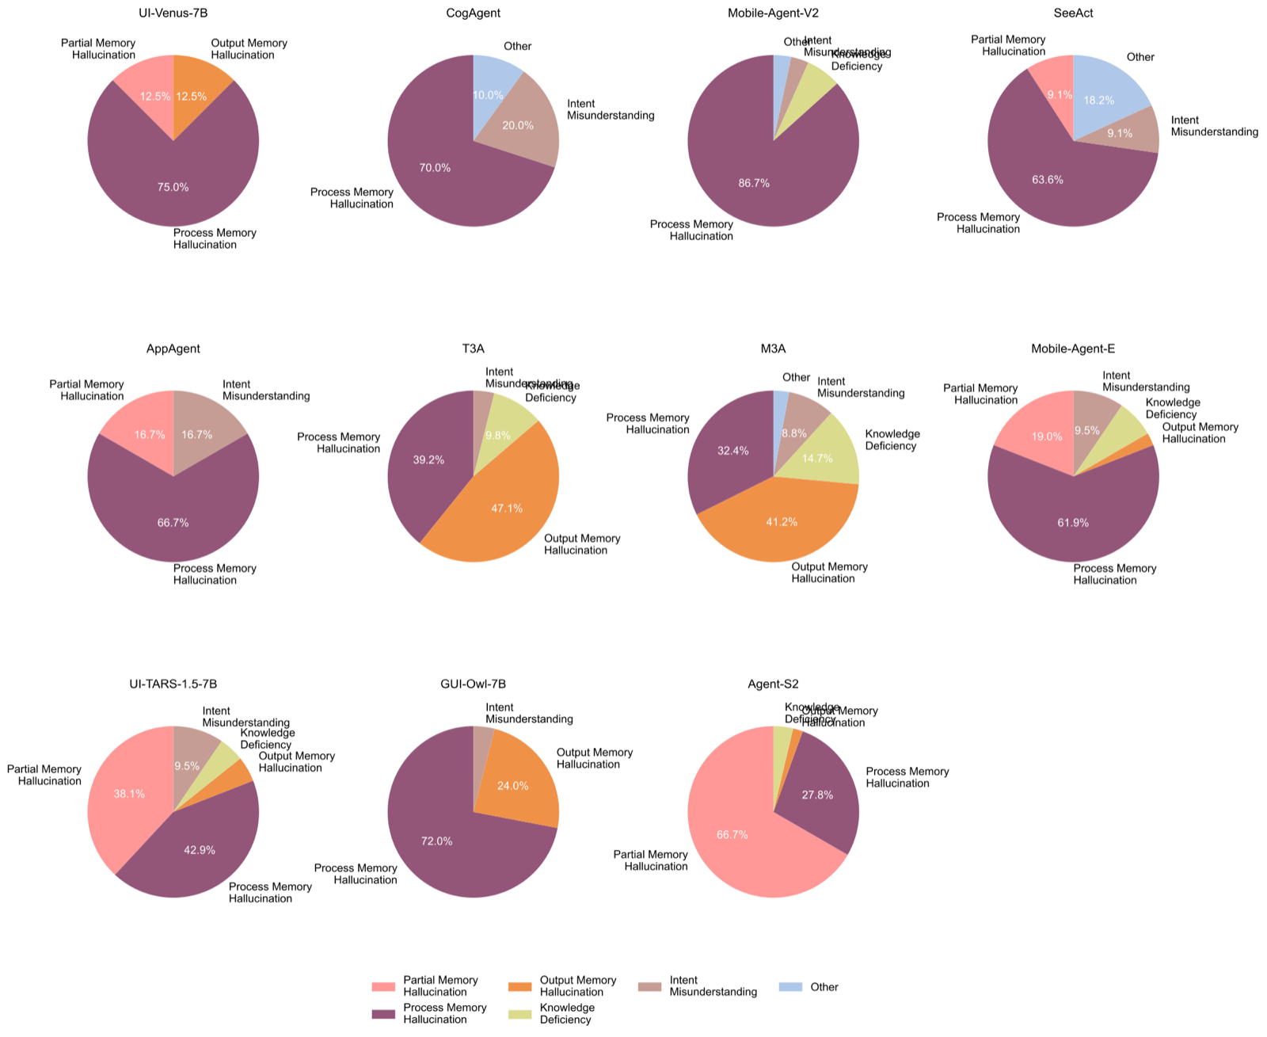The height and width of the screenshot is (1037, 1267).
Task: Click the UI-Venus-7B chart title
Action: coord(173,13)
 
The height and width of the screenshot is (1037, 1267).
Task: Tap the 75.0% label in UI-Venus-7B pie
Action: coord(173,188)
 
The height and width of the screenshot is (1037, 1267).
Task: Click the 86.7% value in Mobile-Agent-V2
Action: coord(754,183)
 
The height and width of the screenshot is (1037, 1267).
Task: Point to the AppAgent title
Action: coord(173,349)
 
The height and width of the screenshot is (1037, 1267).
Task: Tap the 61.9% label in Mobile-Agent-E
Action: coord(1073,523)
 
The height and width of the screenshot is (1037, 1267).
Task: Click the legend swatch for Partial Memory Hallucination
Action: coord(382,987)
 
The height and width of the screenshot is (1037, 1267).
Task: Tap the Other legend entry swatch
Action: coord(790,987)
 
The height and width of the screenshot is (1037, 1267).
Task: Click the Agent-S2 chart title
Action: coord(773,684)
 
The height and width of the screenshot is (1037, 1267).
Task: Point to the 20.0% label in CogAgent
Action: coord(518,125)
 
